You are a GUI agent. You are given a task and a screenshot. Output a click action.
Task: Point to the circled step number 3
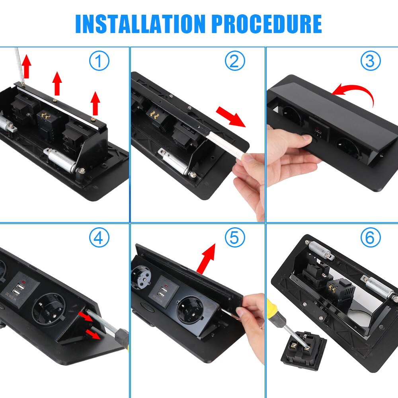coord(371,61)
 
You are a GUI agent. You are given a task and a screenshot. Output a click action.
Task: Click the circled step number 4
coord(99,238)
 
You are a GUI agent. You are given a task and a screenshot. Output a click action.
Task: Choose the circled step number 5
coord(235,238)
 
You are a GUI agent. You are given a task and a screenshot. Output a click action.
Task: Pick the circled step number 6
coord(371,238)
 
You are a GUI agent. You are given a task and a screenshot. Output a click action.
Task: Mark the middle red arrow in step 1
coord(57,83)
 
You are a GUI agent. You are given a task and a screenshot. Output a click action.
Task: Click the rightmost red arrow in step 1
coord(95,103)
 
